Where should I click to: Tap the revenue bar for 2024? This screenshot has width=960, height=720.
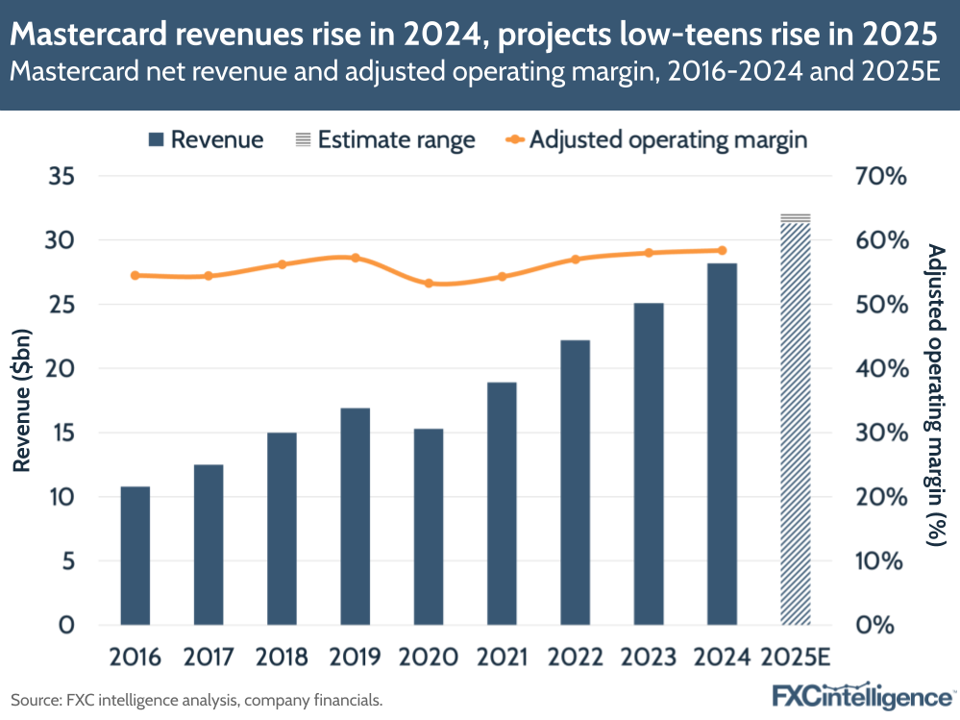pos(722,443)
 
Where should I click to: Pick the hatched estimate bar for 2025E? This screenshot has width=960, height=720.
pos(796,423)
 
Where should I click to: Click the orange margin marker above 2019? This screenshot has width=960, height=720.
pos(356,258)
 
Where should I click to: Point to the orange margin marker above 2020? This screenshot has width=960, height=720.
pos(429,284)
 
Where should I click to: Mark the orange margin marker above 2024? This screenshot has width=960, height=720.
pos(723,250)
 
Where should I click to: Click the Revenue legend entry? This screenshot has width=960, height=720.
pos(206,139)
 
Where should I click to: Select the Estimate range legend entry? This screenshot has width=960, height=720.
pos(384,139)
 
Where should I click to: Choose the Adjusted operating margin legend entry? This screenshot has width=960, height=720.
pos(656,139)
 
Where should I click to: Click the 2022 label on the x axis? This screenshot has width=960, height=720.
pos(575,658)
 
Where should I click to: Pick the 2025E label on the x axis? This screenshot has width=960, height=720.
pos(797,658)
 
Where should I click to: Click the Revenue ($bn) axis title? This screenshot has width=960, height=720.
pos(20,401)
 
